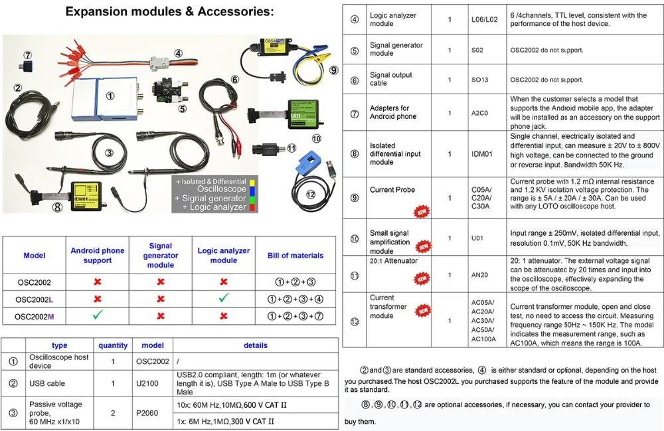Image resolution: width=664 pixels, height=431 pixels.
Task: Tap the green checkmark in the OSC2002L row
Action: point(224,299)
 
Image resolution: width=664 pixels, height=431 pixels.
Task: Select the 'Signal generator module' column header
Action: point(161,255)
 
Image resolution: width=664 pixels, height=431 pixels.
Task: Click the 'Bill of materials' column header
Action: point(295,256)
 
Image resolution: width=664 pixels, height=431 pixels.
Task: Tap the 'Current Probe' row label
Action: point(392,190)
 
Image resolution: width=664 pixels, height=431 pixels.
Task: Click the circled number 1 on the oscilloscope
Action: point(110,96)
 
